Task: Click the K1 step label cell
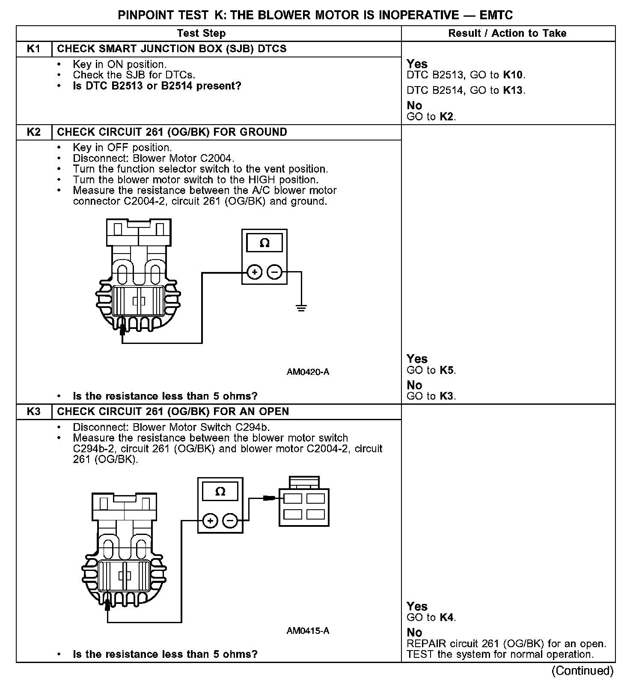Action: [x=33, y=49]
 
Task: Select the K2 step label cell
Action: [x=33, y=132]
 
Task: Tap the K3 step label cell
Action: [x=33, y=412]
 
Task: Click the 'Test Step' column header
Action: [x=201, y=33]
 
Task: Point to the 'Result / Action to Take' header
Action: [x=507, y=33]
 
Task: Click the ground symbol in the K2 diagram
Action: [x=301, y=307]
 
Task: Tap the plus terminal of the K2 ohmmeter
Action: [x=254, y=272]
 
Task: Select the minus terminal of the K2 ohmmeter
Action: [x=275, y=272]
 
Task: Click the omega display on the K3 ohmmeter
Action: [x=220, y=491]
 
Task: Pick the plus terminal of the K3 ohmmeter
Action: [x=210, y=521]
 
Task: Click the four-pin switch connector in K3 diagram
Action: [x=304, y=505]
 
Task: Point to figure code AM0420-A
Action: [x=308, y=372]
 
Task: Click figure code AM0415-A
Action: [x=308, y=630]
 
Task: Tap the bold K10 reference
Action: [x=513, y=75]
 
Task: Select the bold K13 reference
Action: [x=513, y=90]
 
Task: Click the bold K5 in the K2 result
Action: [x=447, y=370]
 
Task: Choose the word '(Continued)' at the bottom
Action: [x=582, y=671]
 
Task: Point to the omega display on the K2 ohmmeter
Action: [x=264, y=243]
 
